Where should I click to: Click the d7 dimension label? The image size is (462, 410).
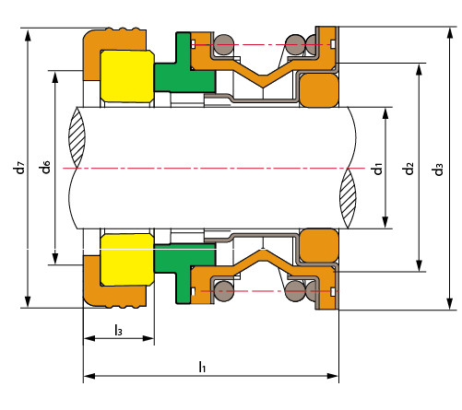pos(19,168)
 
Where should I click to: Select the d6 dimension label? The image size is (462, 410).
pos(45,167)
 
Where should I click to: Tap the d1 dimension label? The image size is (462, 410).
pos(377,169)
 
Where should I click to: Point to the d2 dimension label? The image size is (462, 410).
pos(409,169)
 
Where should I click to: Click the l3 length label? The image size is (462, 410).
pos(118,330)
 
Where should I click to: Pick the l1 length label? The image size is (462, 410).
pos(202,367)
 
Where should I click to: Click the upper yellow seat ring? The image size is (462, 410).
pos(127,76)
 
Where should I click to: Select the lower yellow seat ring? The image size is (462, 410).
pos(127,260)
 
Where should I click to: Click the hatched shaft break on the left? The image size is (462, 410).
pos(77,137)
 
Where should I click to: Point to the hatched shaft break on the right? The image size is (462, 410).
pos(348,199)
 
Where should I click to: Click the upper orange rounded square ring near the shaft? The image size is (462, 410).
pos(319,90)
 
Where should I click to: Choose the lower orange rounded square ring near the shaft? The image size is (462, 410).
pos(319,245)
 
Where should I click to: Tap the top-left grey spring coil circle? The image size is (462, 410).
pos(224,45)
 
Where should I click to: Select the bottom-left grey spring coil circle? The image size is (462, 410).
pos(224,291)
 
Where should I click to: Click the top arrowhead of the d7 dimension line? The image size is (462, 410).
pos(28,35)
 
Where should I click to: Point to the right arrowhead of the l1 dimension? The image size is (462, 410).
pos(333,376)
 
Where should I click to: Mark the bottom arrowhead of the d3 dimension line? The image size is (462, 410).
pos(450,303)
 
